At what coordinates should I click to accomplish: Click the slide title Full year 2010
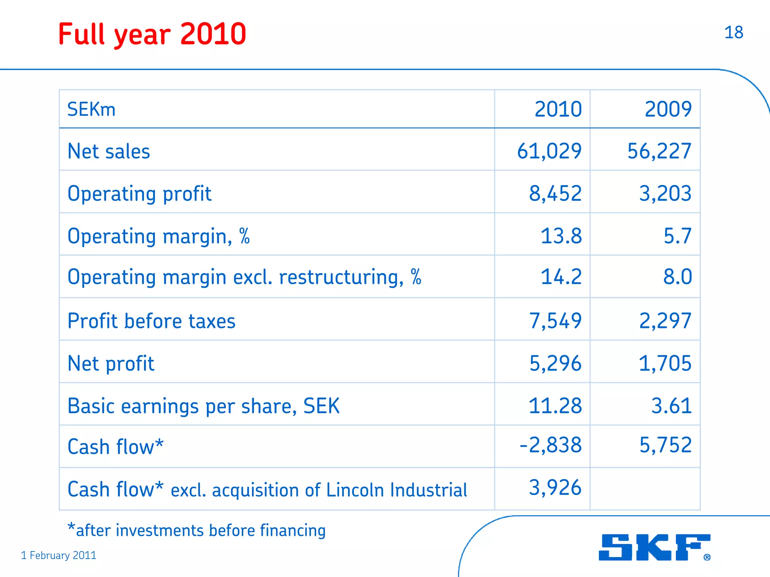(152, 34)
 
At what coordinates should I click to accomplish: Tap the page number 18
(733, 33)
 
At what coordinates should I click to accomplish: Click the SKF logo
(654, 547)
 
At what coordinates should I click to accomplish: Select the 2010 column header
(558, 109)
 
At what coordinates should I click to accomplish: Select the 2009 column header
(668, 109)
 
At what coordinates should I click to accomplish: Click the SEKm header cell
(91, 110)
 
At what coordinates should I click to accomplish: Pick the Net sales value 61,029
(549, 151)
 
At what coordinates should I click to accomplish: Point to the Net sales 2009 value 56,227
(659, 151)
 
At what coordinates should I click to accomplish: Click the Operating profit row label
(139, 194)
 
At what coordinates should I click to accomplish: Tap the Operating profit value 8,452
(555, 194)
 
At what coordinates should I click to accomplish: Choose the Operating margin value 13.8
(561, 236)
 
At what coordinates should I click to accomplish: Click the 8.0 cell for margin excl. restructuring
(677, 277)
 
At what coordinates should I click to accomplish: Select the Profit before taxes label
(151, 321)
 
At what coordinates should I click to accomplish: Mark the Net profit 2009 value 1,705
(665, 363)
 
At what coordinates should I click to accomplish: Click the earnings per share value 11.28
(555, 406)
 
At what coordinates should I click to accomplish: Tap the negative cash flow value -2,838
(550, 445)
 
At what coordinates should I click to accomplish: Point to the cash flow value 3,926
(555, 487)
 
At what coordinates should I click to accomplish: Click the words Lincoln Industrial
(396, 490)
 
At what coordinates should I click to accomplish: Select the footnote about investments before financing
(197, 530)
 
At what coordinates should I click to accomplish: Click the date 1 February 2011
(59, 555)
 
